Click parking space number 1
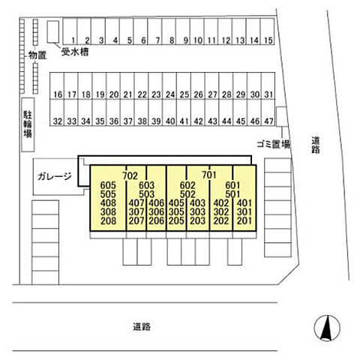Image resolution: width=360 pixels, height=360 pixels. click(x=70, y=31)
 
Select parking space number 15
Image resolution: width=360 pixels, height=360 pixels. click(x=268, y=31)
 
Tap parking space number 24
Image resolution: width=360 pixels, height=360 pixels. click(x=169, y=85)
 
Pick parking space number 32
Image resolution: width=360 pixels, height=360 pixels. click(x=57, y=112)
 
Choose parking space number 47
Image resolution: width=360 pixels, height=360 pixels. click(x=268, y=112)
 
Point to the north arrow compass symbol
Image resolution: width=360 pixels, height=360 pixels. click(x=327, y=328)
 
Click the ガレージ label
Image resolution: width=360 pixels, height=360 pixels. click(x=55, y=176)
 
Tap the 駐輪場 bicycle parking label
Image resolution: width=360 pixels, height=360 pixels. click(x=28, y=124)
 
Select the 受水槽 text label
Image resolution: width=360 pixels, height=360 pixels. click(x=75, y=52)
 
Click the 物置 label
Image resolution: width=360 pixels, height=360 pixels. click(x=37, y=55)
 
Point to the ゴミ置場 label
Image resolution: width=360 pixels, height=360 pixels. click(x=274, y=144)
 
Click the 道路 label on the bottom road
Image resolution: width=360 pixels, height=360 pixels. click(x=142, y=326)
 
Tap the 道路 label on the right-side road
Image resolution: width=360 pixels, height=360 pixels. click(x=316, y=145)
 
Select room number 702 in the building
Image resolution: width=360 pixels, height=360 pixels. click(x=130, y=175)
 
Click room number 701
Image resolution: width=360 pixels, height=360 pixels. click(x=209, y=175)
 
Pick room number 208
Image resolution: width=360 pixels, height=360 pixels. click(x=108, y=220)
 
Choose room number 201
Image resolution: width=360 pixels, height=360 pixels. click(x=244, y=220)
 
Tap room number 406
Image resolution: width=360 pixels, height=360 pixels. click(x=157, y=203)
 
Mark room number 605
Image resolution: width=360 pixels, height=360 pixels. click(x=108, y=185)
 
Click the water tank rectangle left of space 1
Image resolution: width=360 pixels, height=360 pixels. click(x=53, y=31)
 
